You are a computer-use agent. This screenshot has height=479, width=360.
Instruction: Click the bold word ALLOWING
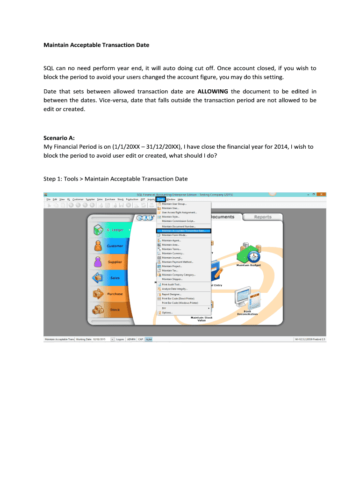pyautogui.click(x=213, y=91)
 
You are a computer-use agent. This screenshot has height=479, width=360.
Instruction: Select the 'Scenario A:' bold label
pyautogui.click(x=59, y=138)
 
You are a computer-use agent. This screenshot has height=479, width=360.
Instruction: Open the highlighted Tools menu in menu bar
pyautogui.click(x=161, y=199)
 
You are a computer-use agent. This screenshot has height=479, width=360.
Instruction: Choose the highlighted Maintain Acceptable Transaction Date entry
pyautogui.click(x=186, y=231)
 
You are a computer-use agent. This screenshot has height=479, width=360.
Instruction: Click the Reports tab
pyautogui.click(x=263, y=217)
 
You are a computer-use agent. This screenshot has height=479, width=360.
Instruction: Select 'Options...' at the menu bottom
pyautogui.click(x=167, y=312)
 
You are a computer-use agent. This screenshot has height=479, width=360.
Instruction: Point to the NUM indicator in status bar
pyautogui.click(x=149, y=340)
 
